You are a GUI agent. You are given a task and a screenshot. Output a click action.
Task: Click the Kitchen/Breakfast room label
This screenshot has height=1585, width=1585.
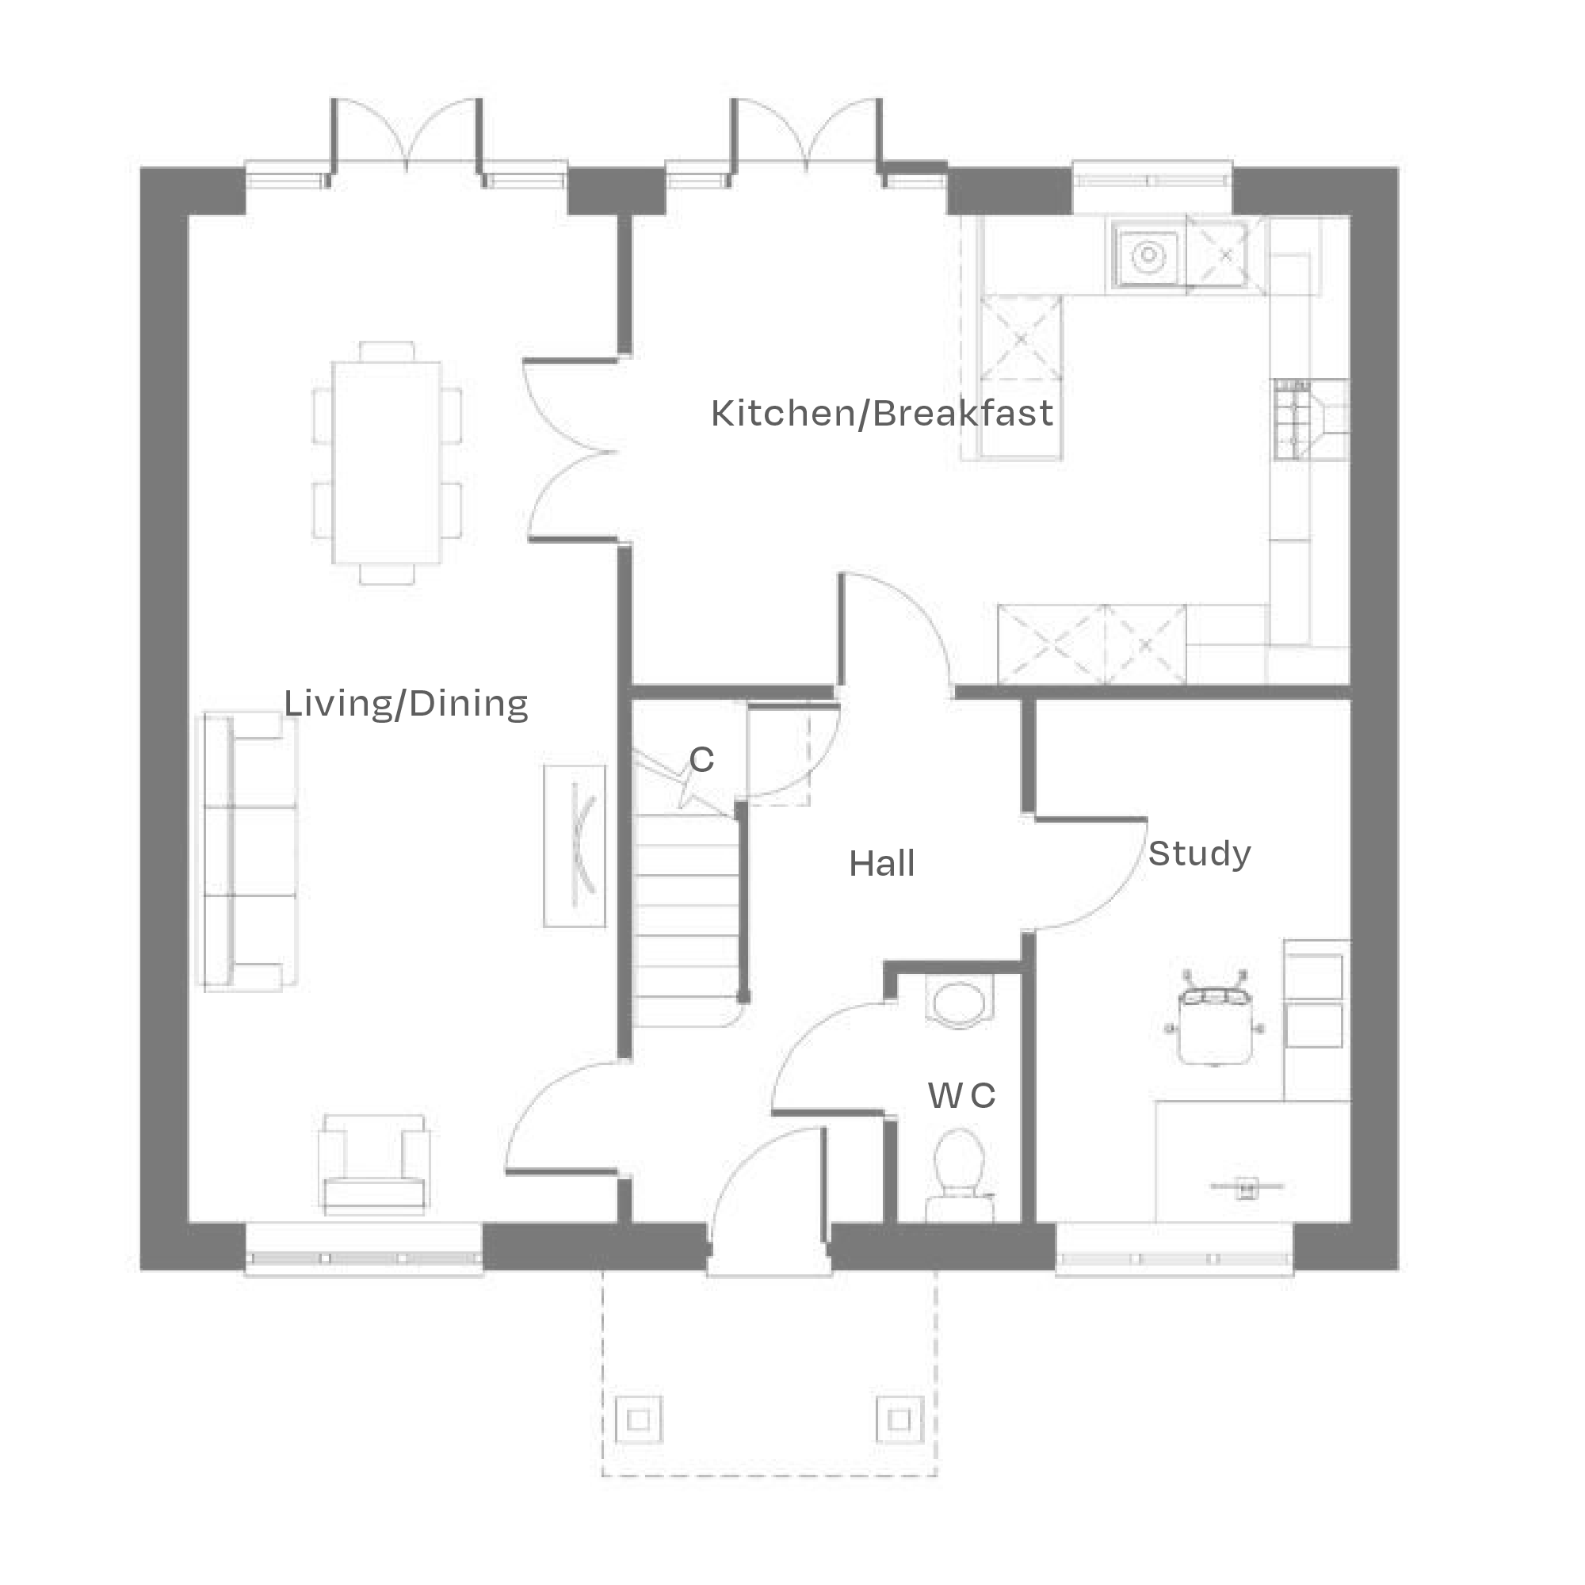[882, 414]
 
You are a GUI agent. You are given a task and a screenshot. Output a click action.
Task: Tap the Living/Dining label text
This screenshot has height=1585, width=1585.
[405, 704]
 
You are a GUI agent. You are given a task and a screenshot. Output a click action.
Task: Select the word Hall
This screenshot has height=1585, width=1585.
[882, 864]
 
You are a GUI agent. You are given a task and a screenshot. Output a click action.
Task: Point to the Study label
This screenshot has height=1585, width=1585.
[1199, 854]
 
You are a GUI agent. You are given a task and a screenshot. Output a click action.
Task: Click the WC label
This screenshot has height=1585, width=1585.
[961, 1095]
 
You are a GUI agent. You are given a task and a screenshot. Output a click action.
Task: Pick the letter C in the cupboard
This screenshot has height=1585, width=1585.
[701, 760]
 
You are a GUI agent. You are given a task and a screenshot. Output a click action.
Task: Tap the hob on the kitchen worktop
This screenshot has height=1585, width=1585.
[1292, 419]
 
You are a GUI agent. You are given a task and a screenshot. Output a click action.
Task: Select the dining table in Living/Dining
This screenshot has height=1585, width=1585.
[386, 463]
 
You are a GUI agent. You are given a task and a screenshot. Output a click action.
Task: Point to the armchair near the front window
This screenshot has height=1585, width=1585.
[374, 1164]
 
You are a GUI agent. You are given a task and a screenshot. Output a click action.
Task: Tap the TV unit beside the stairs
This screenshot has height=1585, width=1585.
[575, 846]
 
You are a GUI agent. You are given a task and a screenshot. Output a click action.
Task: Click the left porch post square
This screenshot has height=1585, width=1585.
[638, 1419]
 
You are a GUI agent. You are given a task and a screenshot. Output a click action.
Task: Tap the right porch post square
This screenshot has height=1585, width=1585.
[899, 1419]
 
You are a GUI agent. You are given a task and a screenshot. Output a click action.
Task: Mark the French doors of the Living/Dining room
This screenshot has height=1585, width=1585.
[406, 136]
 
